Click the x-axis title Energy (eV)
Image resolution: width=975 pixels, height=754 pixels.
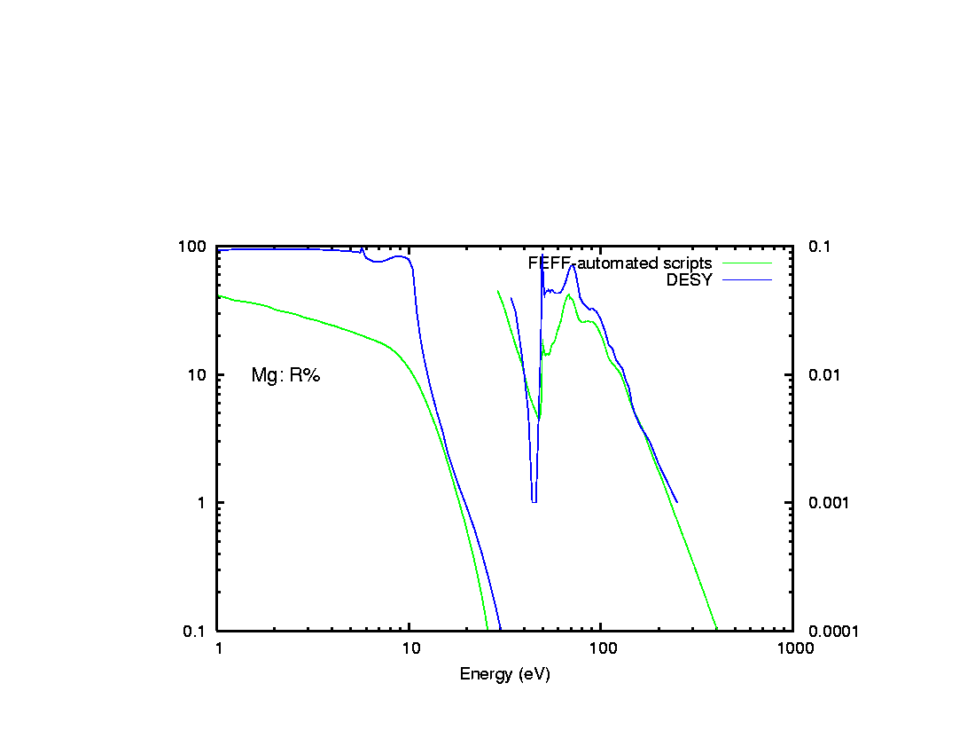[x=504, y=674]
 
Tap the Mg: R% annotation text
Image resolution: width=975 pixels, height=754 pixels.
[x=285, y=375]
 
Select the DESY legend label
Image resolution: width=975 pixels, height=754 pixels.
[x=689, y=280]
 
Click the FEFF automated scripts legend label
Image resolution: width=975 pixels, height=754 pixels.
[x=620, y=263]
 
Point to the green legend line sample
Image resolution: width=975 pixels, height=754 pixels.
[x=747, y=263]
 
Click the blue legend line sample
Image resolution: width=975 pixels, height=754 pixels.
[x=747, y=280]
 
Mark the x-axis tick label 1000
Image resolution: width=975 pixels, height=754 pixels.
[x=793, y=648]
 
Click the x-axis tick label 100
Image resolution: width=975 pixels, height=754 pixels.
[x=602, y=648]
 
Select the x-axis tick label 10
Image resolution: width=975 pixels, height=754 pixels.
[x=410, y=648]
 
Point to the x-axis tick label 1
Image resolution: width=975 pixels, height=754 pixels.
[x=218, y=648]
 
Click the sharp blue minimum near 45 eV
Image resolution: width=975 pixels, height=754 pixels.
[x=534, y=501]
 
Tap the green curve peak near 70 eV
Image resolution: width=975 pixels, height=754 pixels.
[x=569, y=295]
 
